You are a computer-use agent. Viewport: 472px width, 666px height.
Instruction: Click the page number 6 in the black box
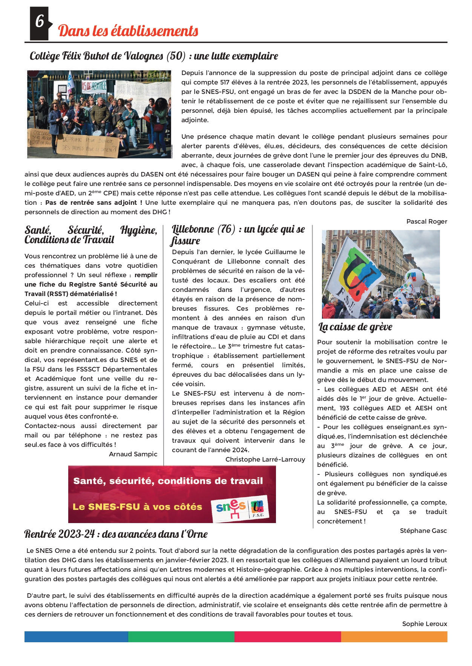39,21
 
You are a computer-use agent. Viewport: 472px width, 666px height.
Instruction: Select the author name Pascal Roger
426,221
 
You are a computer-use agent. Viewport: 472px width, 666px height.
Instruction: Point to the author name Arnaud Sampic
133,454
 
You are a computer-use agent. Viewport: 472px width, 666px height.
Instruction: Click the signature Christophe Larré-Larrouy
265,459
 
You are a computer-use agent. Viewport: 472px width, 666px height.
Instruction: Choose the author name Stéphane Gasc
423,531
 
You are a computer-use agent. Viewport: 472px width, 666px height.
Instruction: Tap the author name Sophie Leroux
424,624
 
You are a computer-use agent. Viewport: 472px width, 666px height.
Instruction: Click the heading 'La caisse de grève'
355,327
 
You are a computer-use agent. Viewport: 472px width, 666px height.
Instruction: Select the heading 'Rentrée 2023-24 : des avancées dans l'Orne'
116,534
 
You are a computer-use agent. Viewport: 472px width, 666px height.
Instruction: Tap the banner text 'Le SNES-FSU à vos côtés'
137,507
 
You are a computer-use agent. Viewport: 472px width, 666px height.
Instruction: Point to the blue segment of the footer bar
76,637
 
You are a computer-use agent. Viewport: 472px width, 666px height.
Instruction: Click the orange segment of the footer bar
394,637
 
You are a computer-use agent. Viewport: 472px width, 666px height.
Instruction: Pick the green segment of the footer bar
181,637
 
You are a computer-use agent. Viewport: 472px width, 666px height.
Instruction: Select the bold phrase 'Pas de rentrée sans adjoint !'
93,203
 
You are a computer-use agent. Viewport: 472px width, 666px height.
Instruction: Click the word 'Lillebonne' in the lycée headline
193,229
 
